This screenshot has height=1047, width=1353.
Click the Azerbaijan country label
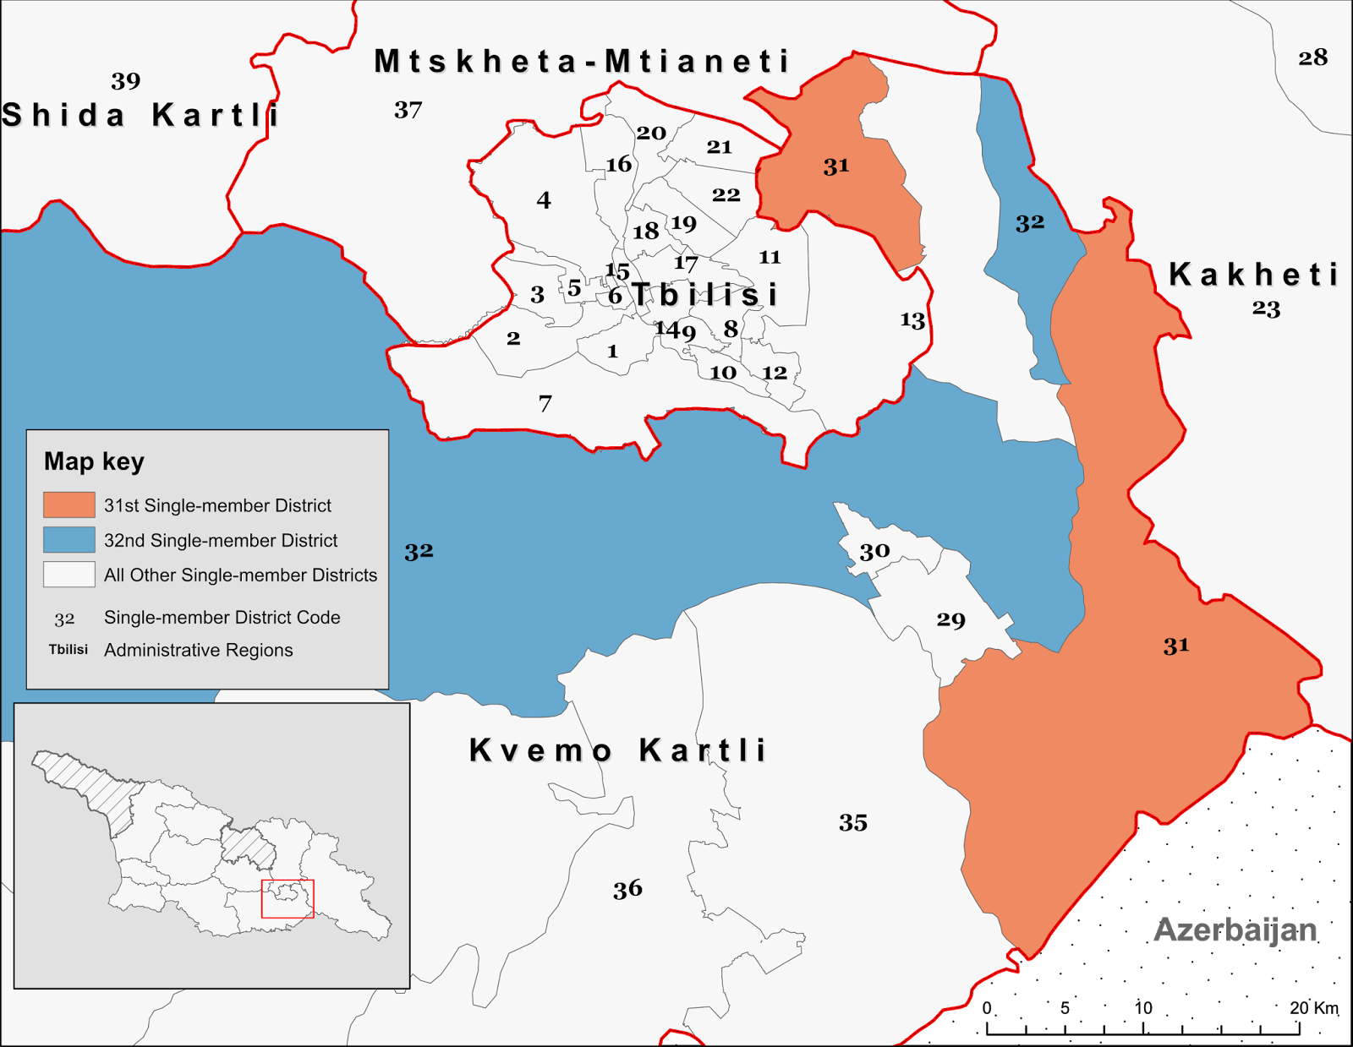click(1235, 930)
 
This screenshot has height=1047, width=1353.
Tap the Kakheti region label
click(1253, 275)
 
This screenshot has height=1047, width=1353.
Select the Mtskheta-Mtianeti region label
click(582, 61)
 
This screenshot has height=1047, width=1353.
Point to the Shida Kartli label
click(140, 115)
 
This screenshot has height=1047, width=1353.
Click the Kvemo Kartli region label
click(617, 750)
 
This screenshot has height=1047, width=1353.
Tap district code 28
click(1312, 57)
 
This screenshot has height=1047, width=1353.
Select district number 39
click(125, 81)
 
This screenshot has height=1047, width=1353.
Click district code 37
click(408, 110)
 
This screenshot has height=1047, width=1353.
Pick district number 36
click(627, 888)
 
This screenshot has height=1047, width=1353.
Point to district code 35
click(852, 822)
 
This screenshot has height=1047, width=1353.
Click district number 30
click(874, 551)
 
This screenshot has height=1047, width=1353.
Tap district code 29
click(950, 619)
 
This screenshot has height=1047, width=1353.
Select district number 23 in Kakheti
click(1266, 308)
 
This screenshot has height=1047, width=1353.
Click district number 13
click(912, 319)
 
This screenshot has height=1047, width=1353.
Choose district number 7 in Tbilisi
click(545, 403)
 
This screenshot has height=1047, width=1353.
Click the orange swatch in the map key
click(69, 504)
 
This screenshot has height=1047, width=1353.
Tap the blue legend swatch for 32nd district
click(69, 539)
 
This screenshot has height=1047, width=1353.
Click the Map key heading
click(94, 461)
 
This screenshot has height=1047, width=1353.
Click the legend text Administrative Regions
click(198, 650)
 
